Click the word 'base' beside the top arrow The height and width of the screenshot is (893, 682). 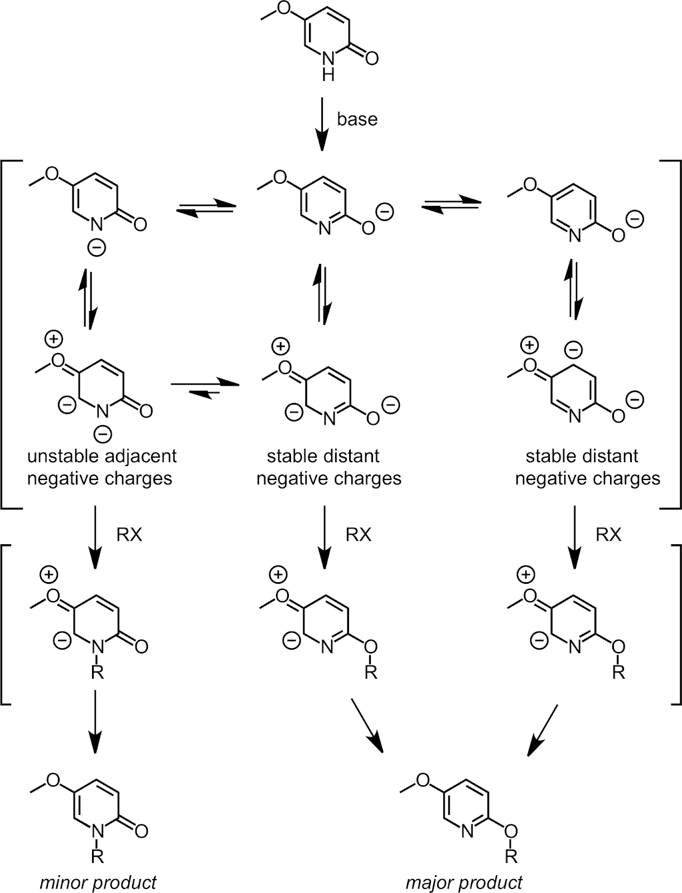357,119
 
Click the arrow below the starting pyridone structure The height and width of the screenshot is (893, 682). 322,124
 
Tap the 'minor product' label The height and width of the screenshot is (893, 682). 98,882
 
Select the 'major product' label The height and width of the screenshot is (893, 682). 464,882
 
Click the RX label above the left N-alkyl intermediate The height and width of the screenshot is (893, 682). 129,535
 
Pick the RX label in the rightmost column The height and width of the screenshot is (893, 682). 608,535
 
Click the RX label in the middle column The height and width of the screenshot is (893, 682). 358,535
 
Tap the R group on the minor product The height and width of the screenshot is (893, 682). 98,856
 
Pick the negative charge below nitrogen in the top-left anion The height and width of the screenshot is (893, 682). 96,247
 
